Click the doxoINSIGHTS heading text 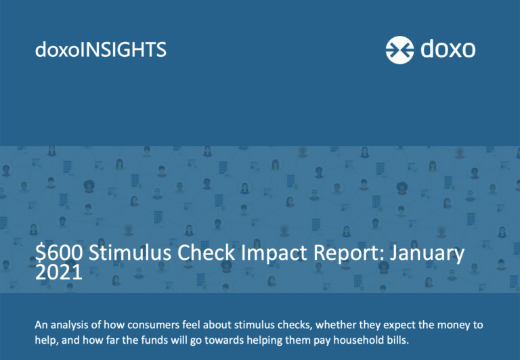(x=100, y=49)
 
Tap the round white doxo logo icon (x=399, y=50)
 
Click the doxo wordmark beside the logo (x=448, y=49)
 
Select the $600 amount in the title (x=59, y=252)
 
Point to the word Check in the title (x=207, y=252)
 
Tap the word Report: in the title (x=348, y=254)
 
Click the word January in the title (x=427, y=254)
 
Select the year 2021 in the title (x=59, y=272)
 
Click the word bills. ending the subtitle (x=398, y=340)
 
